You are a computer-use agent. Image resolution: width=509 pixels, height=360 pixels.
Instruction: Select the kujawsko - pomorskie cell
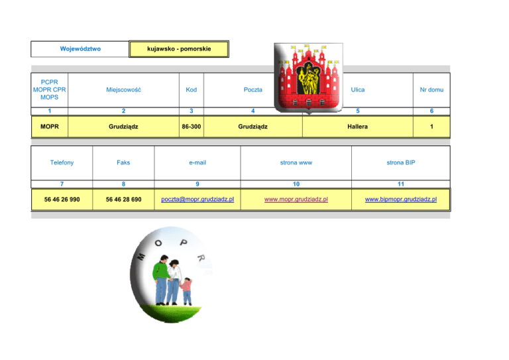(179, 48)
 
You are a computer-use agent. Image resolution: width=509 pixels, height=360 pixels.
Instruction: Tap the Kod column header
(191, 90)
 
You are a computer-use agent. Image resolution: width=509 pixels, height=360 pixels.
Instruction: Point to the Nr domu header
(431, 90)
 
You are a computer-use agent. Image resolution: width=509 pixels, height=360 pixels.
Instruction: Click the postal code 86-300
(191, 126)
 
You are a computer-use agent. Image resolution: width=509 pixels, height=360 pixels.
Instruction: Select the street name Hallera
(358, 126)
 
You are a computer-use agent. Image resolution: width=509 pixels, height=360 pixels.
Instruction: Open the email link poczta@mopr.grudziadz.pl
(197, 199)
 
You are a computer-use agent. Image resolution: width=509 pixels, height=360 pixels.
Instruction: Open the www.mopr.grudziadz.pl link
(296, 199)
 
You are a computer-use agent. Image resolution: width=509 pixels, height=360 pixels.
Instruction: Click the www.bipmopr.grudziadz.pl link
(400, 199)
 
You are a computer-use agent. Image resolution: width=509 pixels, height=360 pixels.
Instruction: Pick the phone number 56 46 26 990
(62, 199)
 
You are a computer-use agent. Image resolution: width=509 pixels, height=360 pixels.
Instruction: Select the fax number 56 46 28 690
(123, 199)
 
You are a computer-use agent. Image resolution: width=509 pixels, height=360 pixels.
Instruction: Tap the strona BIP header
(400, 162)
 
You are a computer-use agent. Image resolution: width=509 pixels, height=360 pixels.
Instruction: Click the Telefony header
(62, 162)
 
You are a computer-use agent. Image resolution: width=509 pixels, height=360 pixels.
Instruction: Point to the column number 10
(296, 182)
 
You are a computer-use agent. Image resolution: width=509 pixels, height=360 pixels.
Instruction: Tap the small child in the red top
(187, 290)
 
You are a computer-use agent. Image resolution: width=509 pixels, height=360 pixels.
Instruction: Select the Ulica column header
(358, 90)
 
